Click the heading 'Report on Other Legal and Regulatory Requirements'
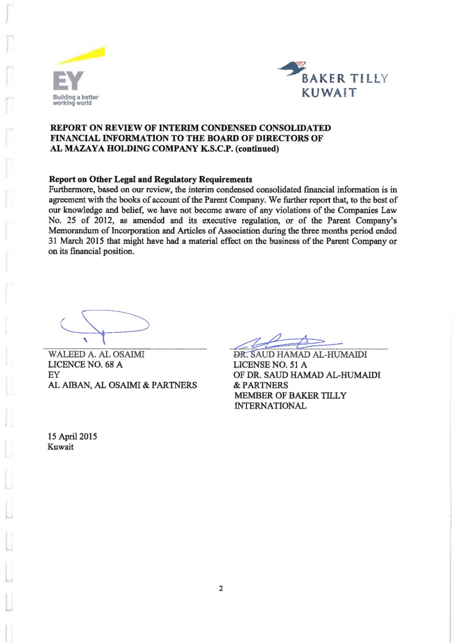tap(150, 179)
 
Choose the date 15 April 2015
tap(72, 437)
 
